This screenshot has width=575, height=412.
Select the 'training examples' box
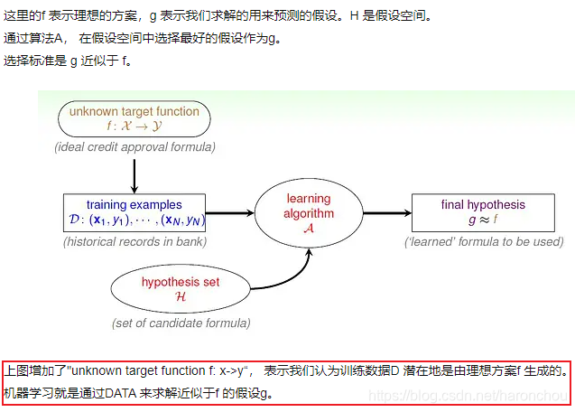click(134, 213)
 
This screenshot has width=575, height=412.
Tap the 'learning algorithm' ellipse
click(309, 213)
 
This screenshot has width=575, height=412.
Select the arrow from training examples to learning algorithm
click(230, 213)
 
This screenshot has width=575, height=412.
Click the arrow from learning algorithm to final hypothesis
click(385, 213)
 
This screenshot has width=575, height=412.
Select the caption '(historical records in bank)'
click(134, 241)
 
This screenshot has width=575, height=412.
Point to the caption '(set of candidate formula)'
click(181, 323)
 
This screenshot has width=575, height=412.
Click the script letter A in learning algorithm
click(310, 229)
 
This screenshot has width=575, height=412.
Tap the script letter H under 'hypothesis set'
click(180, 296)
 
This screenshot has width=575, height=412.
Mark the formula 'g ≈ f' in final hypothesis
click(483, 220)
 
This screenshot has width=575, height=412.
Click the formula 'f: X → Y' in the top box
click(134, 126)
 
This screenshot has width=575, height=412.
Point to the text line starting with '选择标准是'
click(68, 61)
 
